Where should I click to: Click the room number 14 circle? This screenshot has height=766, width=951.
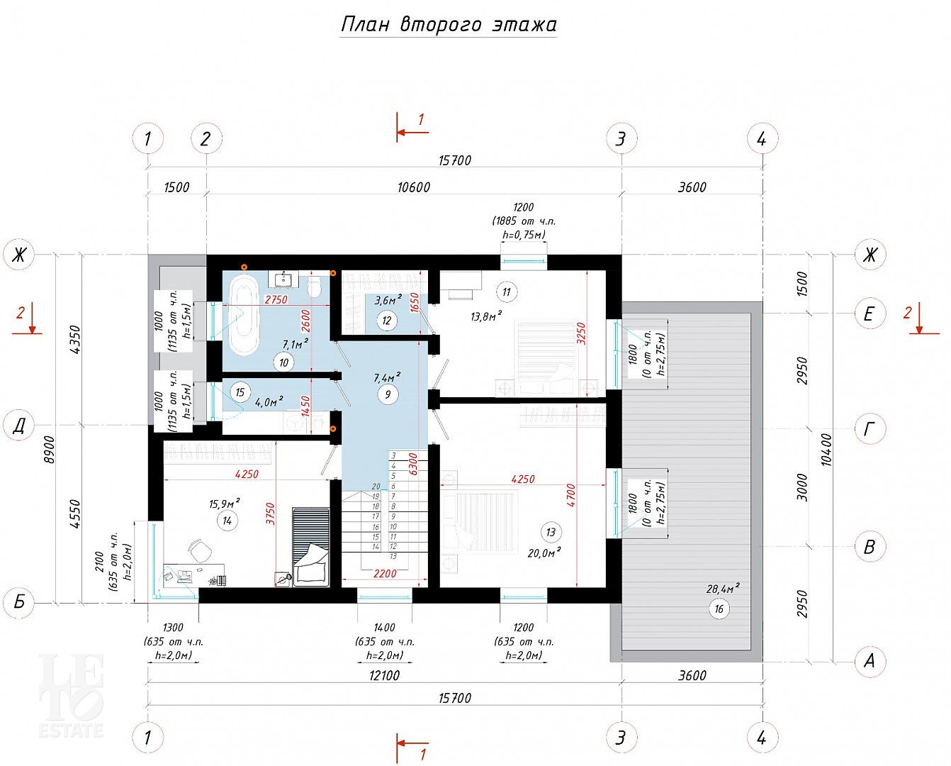pyautogui.click(x=227, y=521)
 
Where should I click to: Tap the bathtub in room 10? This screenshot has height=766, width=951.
pyautogui.click(x=244, y=313)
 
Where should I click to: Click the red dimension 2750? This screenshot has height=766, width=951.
pyautogui.click(x=276, y=299)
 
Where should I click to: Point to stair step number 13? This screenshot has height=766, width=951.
pyautogui.click(x=393, y=556)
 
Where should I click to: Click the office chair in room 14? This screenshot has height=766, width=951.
pyautogui.click(x=200, y=550)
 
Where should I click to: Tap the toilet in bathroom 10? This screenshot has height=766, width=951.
pyautogui.click(x=314, y=287)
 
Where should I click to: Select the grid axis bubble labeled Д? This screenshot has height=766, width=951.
pyautogui.click(x=18, y=427)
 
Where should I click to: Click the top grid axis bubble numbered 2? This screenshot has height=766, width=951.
pyautogui.click(x=206, y=139)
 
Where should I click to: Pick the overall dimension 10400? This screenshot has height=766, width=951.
pyautogui.click(x=826, y=450)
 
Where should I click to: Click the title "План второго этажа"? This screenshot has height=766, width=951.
pyautogui.click(x=448, y=25)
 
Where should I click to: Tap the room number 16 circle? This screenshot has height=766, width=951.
pyautogui.click(x=719, y=609)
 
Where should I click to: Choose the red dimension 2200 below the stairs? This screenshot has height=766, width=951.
pyautogui.click(x=385, y=574)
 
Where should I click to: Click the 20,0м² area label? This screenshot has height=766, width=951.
pyautogui.click(x=544, y=553)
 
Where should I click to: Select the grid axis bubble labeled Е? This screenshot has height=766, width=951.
pyautogui.click(x=870, y=313)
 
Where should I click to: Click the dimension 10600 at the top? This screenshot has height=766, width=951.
pyautogui.click(x=414, y=187)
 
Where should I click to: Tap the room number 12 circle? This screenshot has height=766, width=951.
pyautogui.click(x=387, y=320)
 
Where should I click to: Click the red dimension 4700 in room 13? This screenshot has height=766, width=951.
pyautogui.click(x=571, y=495)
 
